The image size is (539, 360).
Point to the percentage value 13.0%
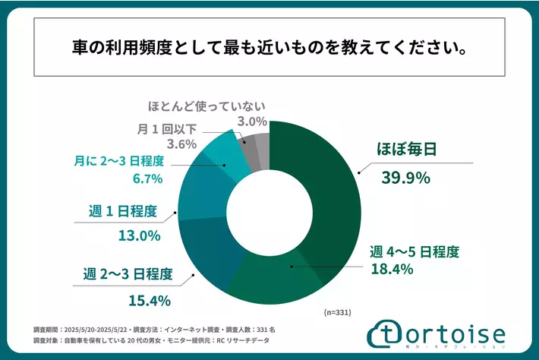coord(139,235)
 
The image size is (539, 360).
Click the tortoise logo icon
coord(385,335)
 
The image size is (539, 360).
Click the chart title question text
coord(269,49)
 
